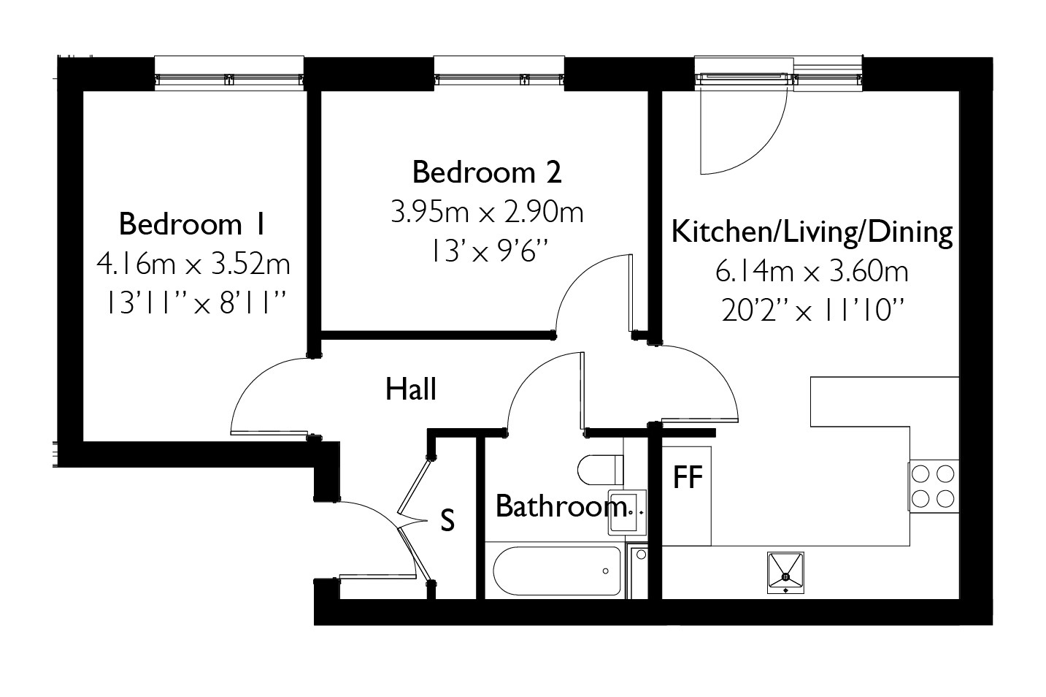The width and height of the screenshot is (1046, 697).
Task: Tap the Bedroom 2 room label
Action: click(487, 172)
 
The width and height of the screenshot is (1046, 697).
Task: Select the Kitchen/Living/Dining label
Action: click(811, 232)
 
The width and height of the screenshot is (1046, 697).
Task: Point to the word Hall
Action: click(411, 389)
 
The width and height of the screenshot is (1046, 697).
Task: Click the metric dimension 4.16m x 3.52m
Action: click(193, 264)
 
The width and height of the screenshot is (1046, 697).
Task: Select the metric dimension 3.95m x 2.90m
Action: click(487, 213)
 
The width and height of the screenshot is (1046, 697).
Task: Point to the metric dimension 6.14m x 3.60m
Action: click(811, 273)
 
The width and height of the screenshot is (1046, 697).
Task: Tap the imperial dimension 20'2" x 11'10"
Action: click(811, 312)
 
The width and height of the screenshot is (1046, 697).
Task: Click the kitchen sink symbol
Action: click(785, 574)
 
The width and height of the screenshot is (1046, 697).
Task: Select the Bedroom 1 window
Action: click(228, 74)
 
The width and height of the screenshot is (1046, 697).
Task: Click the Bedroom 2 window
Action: click(499, 74)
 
